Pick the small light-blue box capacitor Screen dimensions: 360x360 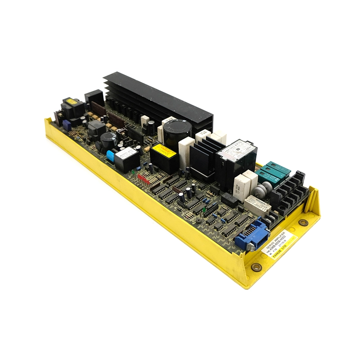click(110, 155)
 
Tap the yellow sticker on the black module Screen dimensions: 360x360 click(164, 150)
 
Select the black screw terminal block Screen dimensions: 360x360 click(288, 191)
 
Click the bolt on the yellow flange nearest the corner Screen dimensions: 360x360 click(256, 267)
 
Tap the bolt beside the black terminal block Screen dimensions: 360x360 click(304, 222)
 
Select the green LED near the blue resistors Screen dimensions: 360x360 click(204, 210)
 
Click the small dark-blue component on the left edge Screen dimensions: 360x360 click(67, 124)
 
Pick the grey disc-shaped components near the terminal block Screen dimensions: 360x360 click(260, 191)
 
